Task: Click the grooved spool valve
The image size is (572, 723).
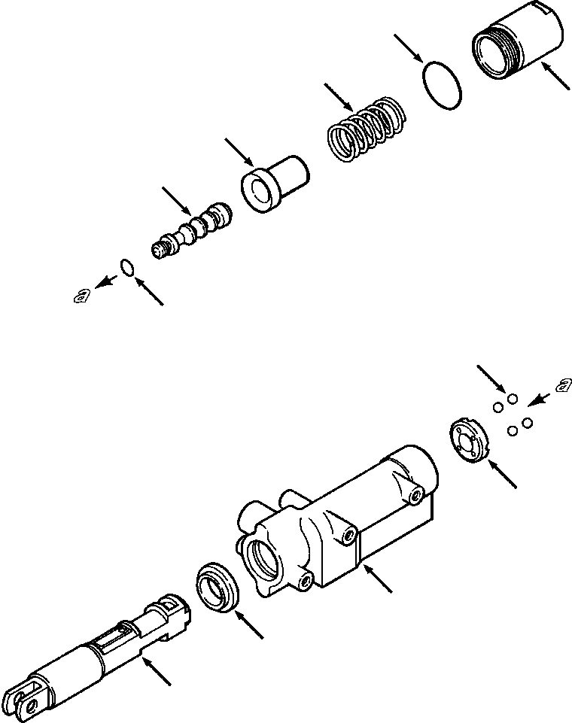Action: pos(194,230)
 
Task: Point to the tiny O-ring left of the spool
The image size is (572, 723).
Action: pos(128,266)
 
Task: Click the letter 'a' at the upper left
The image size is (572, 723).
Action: pos(81,295)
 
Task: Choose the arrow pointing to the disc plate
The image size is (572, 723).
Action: pos(503,475)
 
